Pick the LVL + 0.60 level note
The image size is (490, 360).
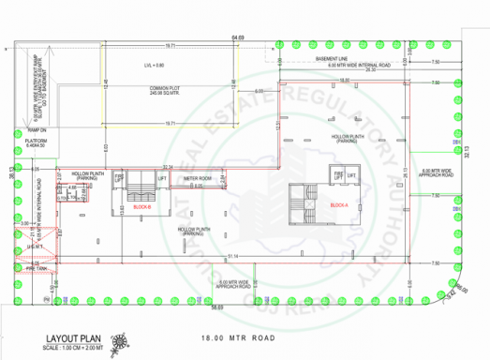154,65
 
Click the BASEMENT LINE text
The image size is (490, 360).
334,58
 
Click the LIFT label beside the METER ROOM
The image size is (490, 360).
162,178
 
